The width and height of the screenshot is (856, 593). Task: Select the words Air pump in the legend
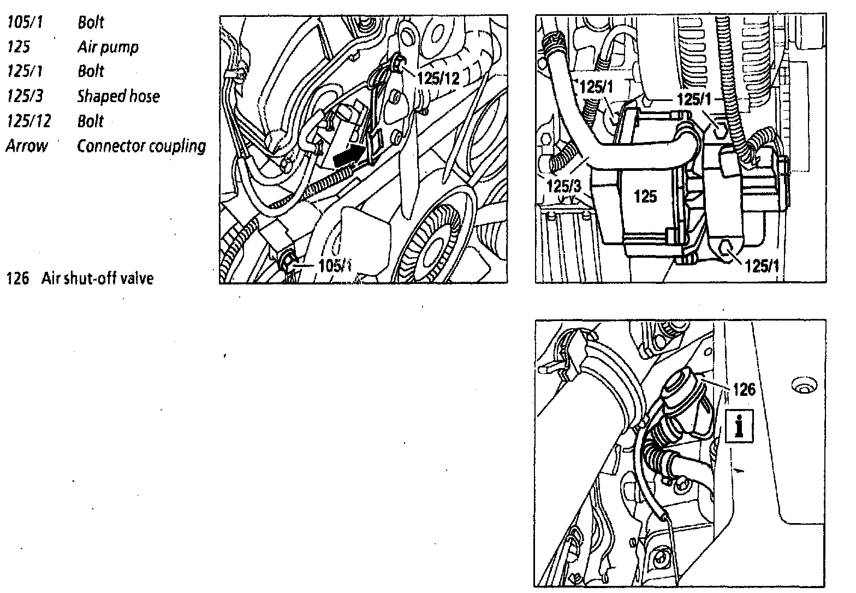click(108, 47)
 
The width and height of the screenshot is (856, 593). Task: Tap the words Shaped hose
click(118, 97)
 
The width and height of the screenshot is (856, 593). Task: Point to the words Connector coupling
click(141, 146)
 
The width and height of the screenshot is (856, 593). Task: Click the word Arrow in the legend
click(26, 146)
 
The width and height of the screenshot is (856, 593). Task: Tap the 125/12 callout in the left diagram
click(438, 78)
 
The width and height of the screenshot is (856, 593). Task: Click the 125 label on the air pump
click(645, 197)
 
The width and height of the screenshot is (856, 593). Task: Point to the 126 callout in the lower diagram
click(744, 389)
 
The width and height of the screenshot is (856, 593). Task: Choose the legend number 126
click(16, 278)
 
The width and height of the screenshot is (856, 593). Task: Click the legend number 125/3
click(25, 97)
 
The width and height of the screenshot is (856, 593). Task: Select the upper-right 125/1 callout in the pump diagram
click(693, 99)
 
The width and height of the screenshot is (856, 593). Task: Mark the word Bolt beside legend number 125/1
click(90, 72)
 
